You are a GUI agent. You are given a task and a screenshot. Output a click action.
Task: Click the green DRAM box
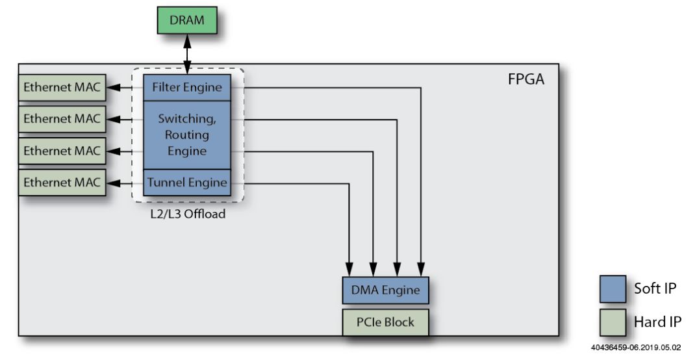pyautogui.click(x=186, y=20)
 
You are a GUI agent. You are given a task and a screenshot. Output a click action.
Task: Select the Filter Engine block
pyautogui.click(x=187, y=87)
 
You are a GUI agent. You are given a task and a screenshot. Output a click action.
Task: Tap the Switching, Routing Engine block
pyautogui.click(x=187, y=135)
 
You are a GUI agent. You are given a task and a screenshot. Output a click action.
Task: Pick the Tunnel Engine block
pyautogui.click(x=187, y=183)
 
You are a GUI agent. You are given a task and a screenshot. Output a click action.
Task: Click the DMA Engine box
pyautogui.click(x=385, y=290)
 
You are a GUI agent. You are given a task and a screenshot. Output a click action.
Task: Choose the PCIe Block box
pyautogui.click(x=385, y=321)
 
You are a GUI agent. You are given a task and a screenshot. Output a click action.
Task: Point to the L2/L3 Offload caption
pyautogui.click(x=187, y=213)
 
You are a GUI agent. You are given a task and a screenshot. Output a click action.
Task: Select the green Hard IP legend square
pyautogui.click(x=613, y=322)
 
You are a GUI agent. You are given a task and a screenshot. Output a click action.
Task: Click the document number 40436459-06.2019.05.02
pyautogui.click(x=636, y=348)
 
